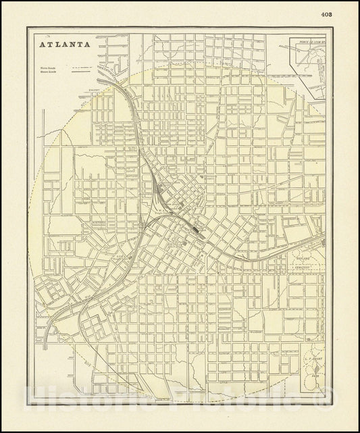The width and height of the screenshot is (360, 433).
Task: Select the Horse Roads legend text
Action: [x=47, y=68]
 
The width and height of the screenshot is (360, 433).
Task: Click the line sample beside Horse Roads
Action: [x=82, y=68]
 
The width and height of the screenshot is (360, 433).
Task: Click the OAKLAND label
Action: [x=301, y=258]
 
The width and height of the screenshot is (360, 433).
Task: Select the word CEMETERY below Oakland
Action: [x=302, y=268]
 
